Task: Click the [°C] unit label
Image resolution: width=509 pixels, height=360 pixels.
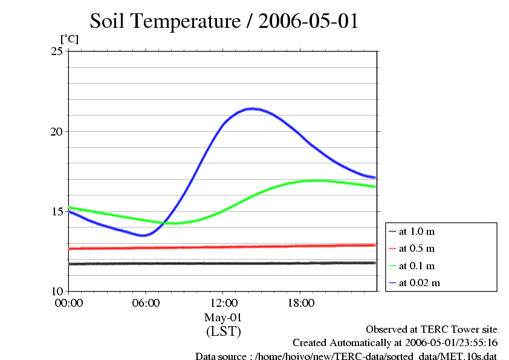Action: click(x=69, y=39)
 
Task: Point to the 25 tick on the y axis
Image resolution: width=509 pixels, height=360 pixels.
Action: click(x=58, y=51)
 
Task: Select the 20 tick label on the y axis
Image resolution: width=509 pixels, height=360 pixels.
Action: click(x=58, y=131)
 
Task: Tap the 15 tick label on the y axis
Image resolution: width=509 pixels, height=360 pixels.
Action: click(x=58, y=211)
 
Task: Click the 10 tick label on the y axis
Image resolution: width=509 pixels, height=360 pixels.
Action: click(x=58, y=291)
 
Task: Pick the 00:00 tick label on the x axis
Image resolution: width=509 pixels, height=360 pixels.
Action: click(x=68, y=303)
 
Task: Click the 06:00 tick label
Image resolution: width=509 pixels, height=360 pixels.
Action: click(x=146, y=303)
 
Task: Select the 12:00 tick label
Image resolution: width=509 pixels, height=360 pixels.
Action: click(x=223, y=303)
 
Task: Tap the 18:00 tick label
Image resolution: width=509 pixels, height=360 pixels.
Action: click(x=300, y=303)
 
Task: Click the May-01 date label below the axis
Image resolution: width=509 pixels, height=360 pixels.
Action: click(x=223, y=318)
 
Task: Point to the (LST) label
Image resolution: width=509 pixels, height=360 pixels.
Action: click(x=223, y=332)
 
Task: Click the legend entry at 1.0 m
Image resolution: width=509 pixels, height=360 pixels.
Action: click(x=417, y=232)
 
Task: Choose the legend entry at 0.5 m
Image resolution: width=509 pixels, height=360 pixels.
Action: click(x=417, y=249)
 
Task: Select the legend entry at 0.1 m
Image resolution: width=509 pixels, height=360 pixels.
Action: click(x=417, y=266)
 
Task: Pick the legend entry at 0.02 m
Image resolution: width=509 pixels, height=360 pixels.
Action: click(x=419, y=283)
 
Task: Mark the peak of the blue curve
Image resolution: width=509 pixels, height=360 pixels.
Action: click(x=251, y=109)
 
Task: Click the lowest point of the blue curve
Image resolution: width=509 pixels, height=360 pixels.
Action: click(x=143, y=235)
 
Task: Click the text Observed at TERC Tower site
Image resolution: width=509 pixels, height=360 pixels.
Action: click(x=432, y=330)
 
